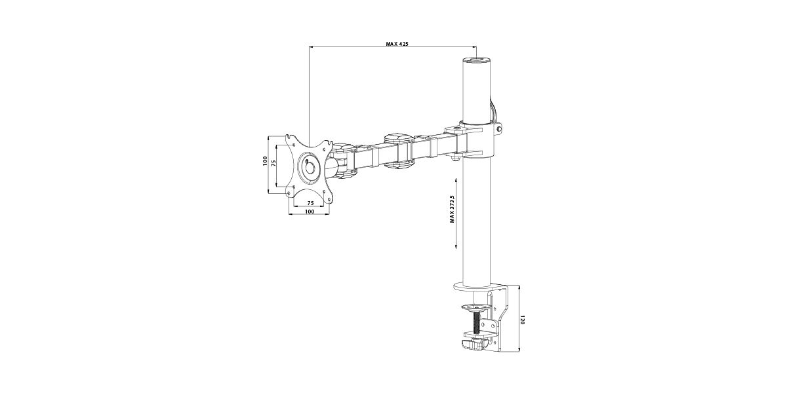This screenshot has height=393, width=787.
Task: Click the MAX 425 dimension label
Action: click(397, 45)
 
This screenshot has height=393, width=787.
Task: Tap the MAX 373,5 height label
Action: click(452, 209)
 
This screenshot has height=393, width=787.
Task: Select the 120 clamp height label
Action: click(522, 320)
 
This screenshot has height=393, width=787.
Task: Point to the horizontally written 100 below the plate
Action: click(310, 212)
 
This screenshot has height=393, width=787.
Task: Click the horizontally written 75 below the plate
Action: click(311, 203)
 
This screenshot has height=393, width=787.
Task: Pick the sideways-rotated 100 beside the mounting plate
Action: click(265, 161)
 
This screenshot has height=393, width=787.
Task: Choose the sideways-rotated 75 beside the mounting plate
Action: click(273, 162)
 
